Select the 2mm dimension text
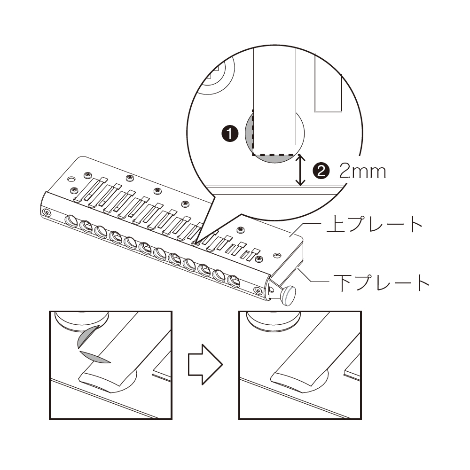(x=362, y=171)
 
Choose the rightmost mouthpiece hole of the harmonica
(x=234, y=281)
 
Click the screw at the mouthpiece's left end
(x=47, y=212)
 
